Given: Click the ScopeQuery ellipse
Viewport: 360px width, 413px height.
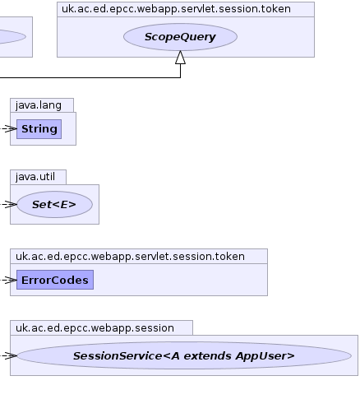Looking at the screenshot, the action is point(180,37).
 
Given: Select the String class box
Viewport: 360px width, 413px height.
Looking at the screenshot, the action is point(39,129).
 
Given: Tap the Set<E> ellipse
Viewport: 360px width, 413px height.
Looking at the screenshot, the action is point(54,205).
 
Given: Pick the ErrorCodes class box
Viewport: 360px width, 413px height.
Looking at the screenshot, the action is point(55,280).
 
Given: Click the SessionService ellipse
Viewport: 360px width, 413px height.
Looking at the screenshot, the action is point(184,355).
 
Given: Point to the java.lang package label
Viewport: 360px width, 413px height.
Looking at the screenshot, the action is point(39,105).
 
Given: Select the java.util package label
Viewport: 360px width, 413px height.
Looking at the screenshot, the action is point(35,177).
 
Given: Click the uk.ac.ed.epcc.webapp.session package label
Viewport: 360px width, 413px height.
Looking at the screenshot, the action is point(95,328).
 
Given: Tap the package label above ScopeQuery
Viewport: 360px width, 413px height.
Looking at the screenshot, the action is point(176,9).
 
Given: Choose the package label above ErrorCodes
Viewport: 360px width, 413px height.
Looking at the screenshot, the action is point(130,257).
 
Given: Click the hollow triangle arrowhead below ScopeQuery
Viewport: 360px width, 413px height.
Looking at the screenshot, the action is point(180,58).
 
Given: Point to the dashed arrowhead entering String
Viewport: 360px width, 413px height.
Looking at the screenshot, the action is point(11,128).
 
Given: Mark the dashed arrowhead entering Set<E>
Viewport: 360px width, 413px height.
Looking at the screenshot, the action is point(11,204).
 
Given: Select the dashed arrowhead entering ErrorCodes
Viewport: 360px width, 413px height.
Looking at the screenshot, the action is point(11,280).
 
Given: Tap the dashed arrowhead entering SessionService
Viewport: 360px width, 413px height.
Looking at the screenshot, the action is point(11,355).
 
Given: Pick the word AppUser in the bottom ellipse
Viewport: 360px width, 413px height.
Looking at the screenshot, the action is point(265,356).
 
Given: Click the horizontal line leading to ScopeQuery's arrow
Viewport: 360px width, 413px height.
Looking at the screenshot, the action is point(90,77).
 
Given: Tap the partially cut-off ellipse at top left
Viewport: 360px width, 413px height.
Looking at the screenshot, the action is point(13,37).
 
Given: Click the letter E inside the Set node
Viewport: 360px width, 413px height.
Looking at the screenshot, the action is point(64,205).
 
